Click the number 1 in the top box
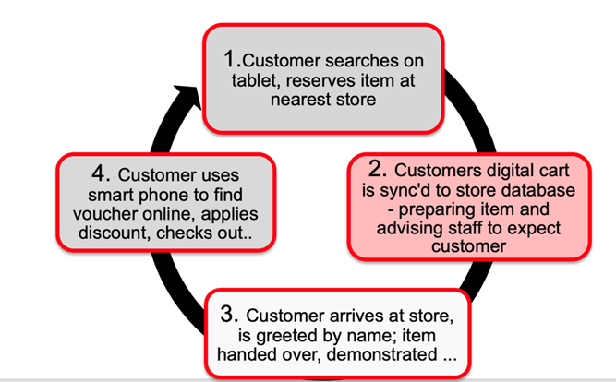point(231,58)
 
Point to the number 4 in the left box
point(99,175)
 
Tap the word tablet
point(252,79)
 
